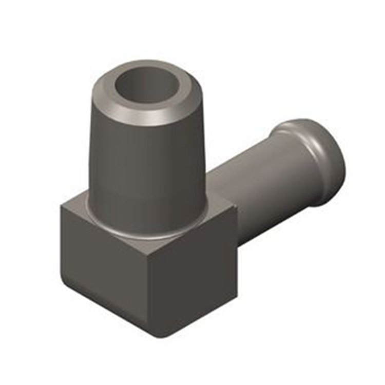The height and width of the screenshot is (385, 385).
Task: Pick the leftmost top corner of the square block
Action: pyautogui.click(x=61, y=205)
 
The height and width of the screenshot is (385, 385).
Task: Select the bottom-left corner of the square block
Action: pyautogui.click(x=64, y=280)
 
